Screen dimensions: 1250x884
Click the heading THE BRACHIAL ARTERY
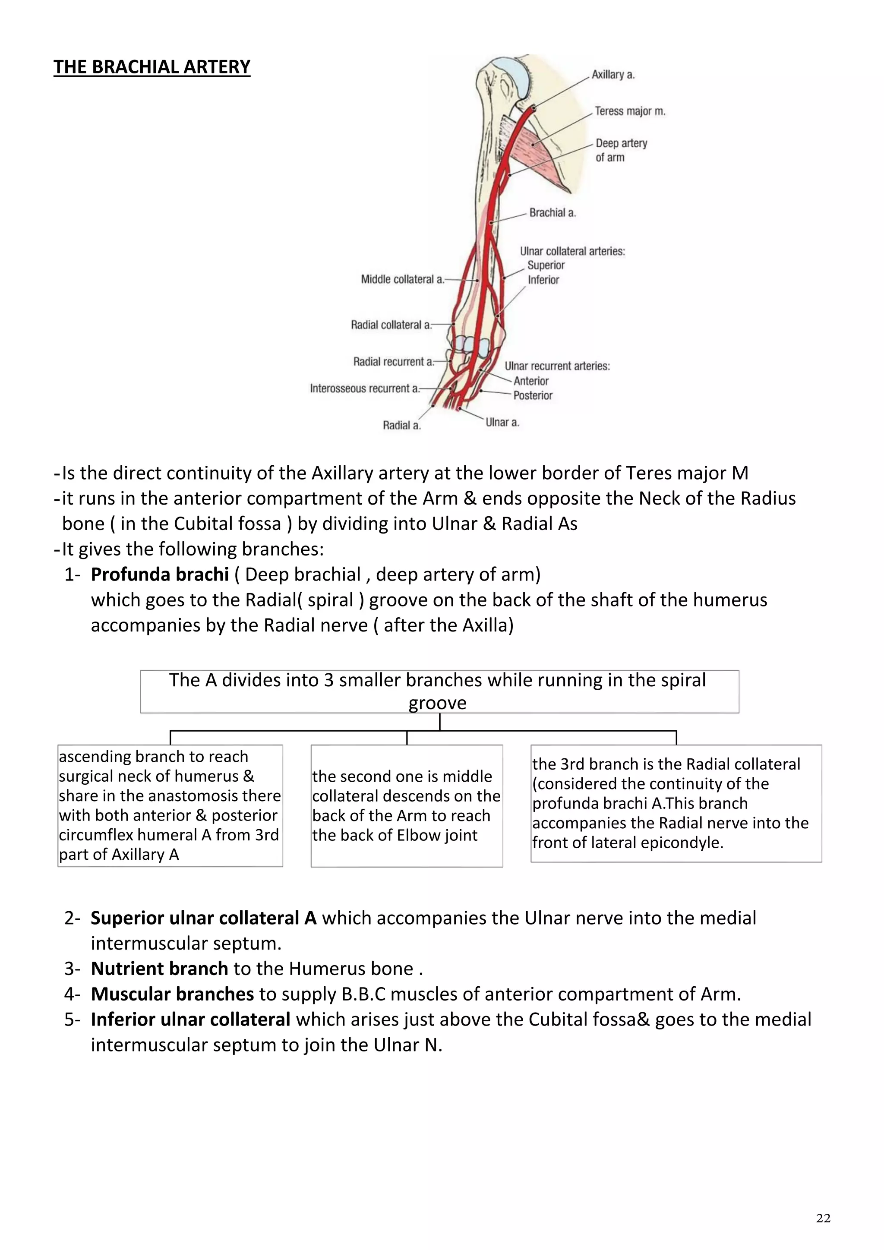152,67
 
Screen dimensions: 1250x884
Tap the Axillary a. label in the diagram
613,75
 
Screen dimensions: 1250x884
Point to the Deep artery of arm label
621,150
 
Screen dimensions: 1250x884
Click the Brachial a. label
552,213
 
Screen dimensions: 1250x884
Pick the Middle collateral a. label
402,279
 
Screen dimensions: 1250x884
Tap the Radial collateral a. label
391,325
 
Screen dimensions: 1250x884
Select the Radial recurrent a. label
393,362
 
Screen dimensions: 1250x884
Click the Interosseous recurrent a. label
364,389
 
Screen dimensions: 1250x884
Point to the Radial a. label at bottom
402,425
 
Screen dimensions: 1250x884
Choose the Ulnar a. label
502,422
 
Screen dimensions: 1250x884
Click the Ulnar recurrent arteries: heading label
557,366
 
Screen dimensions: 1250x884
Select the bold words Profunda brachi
159,574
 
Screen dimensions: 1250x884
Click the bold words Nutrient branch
159,969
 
